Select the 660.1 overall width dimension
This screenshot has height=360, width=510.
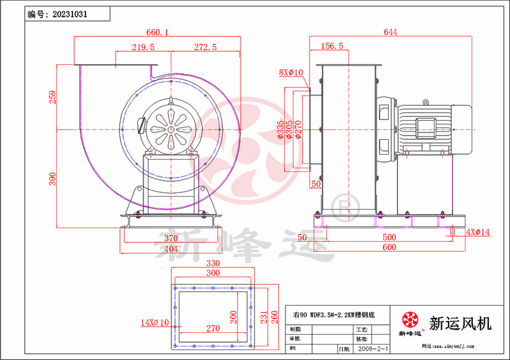(x=157, y=32)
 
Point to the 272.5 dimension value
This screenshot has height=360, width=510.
(x=205, y=47)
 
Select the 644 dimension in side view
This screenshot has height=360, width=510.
(x=390, y=32)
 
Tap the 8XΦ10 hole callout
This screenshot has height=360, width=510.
(x=291, y=72)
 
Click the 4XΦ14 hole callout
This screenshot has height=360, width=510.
(x=478, y=232)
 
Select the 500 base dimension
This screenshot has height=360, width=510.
(x=389, y=238)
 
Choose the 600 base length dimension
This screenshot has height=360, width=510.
(x=389, y=247)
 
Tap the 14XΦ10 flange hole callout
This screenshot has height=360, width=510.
(x=155, y=322)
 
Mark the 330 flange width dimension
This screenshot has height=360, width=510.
(x=214, y=262)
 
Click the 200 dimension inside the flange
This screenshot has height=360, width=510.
(x=233, y=317)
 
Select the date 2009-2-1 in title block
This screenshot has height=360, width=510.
(x=374, y=349)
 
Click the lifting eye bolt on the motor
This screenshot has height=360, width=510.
(x=425, y=101)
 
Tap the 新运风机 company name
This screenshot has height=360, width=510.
(x=460, y=323)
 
